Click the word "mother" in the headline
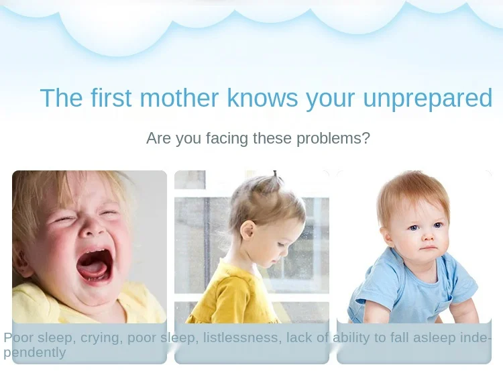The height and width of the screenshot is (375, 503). (x=179, y=97)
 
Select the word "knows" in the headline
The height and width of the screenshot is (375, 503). (x=262, y=97)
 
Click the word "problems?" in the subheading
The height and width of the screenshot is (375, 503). (x=333, y=139)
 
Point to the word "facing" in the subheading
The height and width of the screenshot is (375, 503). (x=227, y=139)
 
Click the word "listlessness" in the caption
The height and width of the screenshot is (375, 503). (x=242, y=338)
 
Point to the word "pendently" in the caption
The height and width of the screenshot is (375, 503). (x=35, y=353)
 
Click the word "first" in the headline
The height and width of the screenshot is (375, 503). (x=111, y=97)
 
